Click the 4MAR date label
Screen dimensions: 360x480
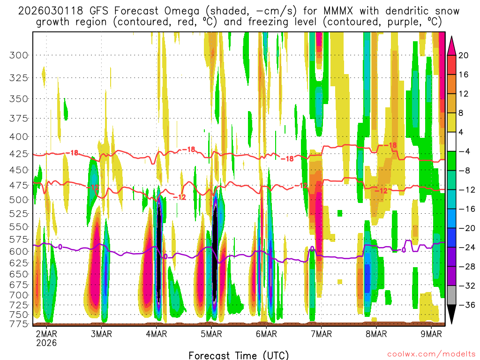156,334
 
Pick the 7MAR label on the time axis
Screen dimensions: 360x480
321,334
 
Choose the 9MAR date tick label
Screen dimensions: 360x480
431,334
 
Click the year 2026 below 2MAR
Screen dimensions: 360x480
46,343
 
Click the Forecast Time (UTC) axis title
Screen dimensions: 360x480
239,355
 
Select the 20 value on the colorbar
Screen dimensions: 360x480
464,55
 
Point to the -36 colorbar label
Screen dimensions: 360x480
465,305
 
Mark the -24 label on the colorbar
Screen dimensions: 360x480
465,247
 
